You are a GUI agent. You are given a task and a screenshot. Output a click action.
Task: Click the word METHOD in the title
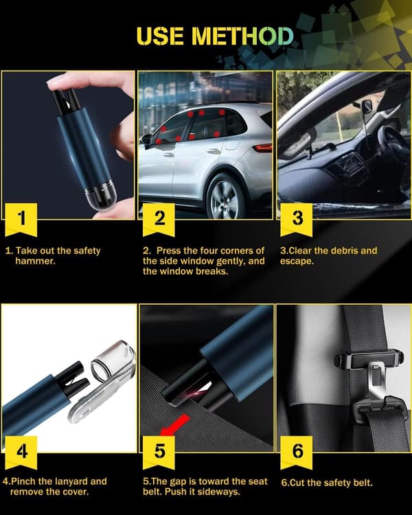(242, 36)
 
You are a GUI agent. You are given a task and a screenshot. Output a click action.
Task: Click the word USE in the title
(160, 36)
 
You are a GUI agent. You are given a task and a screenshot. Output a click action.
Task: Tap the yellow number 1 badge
(21, 220)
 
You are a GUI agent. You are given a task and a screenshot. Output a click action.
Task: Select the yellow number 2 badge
(159, 220)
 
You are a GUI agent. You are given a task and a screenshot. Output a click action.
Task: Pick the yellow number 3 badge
(297, 220)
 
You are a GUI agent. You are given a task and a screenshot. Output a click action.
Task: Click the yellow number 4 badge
(21, 453)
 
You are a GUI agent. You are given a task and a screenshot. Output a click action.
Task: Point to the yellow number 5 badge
(159, 453)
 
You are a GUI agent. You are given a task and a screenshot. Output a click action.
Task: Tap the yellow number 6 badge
(297, 453)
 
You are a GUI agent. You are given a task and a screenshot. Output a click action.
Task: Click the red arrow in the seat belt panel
(175, 425)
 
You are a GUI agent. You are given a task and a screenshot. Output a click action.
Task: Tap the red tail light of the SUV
(263, 148)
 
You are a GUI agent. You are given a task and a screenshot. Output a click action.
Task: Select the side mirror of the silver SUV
(146, 139)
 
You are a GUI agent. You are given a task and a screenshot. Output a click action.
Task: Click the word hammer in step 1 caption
(35, 262)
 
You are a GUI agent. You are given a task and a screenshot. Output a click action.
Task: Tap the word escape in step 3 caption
(297, 262)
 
